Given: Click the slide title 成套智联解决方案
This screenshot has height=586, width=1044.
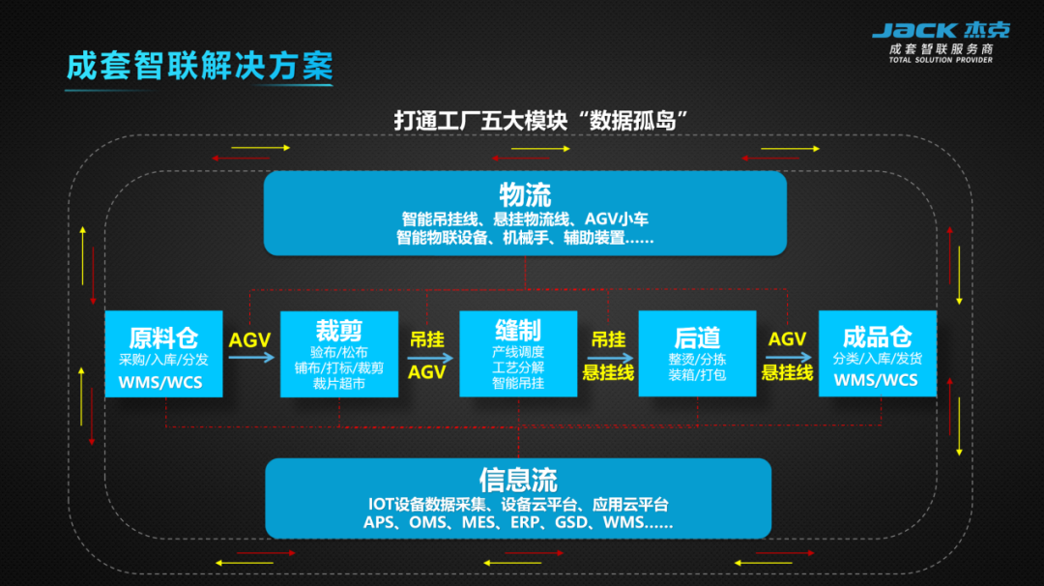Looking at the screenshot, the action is point(200,66).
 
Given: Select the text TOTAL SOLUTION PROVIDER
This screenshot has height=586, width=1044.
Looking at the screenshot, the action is point(941,60).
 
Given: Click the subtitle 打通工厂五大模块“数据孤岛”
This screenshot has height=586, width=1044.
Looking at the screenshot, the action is point(540,121).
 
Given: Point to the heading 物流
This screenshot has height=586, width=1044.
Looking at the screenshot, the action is point(525,195).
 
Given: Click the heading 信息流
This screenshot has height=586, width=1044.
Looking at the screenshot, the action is point(518,480).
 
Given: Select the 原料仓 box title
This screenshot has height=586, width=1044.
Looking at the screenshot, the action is point(163,337).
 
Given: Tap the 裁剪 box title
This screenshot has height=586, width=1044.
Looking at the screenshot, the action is point(339,331).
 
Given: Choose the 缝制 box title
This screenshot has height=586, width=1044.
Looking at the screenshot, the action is point(518,330).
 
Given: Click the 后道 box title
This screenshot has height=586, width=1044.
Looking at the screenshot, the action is point(697,337).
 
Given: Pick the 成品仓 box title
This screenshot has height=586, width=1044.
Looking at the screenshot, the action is point(878,337).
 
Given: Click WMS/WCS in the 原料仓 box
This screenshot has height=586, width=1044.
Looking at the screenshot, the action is point(160,383).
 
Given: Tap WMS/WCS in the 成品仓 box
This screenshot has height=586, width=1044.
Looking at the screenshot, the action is point(876,380).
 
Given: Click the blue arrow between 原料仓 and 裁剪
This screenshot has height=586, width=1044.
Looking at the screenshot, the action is point(251,358).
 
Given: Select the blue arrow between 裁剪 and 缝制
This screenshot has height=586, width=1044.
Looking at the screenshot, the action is point(430,358).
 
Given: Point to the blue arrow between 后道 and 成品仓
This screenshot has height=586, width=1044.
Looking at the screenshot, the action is point(789,358).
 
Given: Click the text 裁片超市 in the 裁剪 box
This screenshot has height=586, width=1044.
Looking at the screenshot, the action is point(339,383).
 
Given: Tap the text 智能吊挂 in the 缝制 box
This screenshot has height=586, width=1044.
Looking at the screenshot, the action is point(518,383).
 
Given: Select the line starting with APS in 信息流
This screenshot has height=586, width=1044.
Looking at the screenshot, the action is point(518,523).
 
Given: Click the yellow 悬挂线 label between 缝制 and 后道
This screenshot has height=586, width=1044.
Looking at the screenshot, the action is point(608,373).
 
